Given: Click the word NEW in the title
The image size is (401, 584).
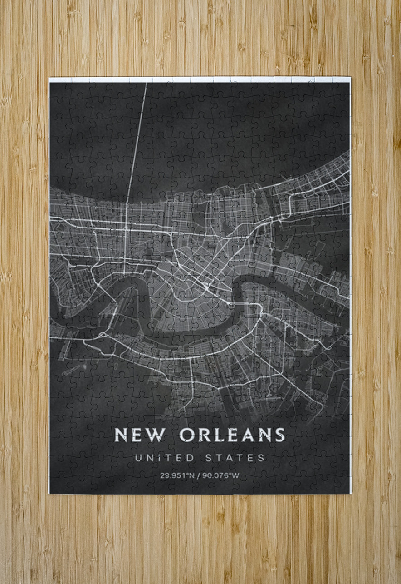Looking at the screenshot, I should (x=140, y=435).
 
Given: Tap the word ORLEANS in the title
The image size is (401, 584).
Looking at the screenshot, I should (x=232, y=435).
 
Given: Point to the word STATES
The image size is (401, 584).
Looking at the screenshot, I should (x=235, y=458).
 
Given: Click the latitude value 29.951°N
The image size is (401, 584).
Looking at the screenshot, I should (x=176, y=476).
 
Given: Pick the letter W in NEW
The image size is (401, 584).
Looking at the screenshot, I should (x=155, y=435).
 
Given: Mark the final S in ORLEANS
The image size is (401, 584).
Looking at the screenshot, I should (x=279, y=435).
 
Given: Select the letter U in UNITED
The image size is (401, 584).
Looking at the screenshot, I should (x=138, y=458).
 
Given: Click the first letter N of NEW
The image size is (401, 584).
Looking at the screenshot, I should (x=121, y=435).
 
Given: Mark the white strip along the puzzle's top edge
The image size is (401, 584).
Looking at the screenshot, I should (x=200, y=79).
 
